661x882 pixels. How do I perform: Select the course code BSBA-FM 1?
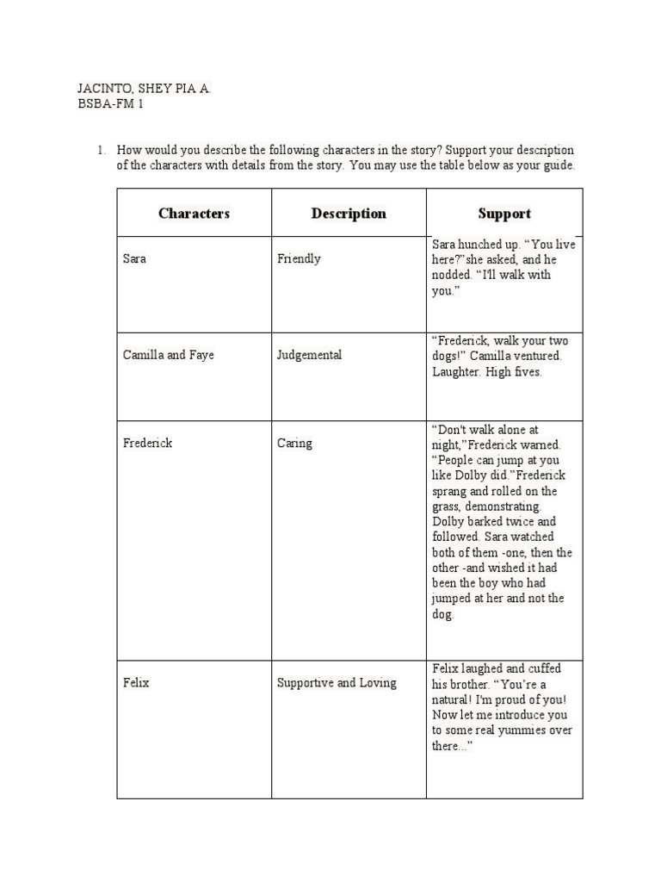tap(109, 104)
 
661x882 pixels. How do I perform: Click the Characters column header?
tap(194, 214)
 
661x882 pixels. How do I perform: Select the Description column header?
tap(349, 214)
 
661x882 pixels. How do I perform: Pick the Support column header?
tap(504, 214)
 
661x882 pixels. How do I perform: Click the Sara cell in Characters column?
tap(134, 258)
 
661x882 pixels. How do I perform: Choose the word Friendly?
tap(299, 258)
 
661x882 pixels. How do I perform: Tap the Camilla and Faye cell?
tap(168, 355)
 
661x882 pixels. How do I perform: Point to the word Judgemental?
tap(309, 355)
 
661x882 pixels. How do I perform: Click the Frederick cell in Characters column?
tap(147, 443)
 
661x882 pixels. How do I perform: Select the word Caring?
tap(294, 443)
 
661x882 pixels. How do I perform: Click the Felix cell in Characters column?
tap(136, 683)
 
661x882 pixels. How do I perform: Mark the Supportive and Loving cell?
tap(337, 683)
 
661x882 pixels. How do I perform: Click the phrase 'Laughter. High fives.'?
tap(486, 372)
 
